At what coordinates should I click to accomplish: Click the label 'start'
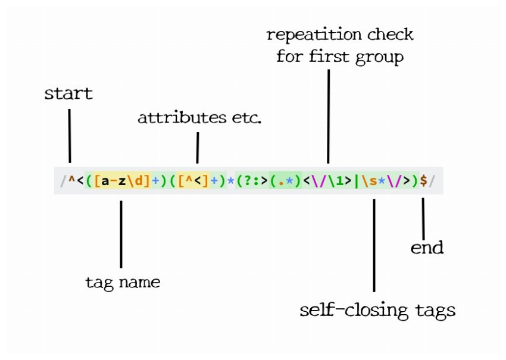click(x=68, y=94)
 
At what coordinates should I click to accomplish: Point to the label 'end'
click(x=427, y=248)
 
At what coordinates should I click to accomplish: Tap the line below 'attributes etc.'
click(x=197, y=147)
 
